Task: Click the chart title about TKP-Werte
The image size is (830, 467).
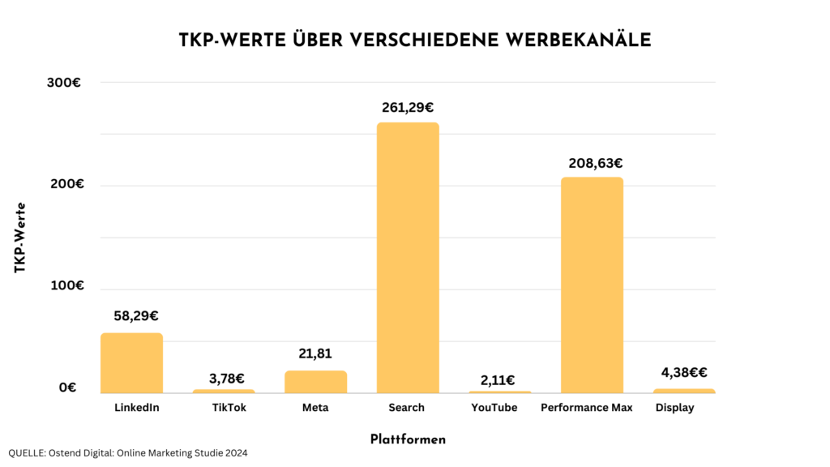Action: click(x=415, y=41)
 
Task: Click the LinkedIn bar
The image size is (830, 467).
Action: click(x=131, y=363)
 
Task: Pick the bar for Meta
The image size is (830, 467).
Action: click(x=315, y=382)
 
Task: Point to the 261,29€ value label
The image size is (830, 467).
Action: click(x=408, y=107)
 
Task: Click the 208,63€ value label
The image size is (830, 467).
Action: click(x=592, y=163)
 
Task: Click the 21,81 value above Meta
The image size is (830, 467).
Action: click(x=315, y=353)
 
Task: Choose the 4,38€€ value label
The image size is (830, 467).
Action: click(x=685, y=373)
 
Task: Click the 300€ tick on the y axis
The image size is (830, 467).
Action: click(x=69, y=83)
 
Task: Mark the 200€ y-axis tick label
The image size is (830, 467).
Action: click(x=69, y=184)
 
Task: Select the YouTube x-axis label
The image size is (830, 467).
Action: click(x=494, y=408)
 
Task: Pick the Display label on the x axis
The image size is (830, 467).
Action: click(x=674, y=408)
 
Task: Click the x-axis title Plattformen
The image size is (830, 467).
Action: click(x=408, y=439)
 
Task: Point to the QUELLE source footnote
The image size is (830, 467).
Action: click(x=128, y=453)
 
